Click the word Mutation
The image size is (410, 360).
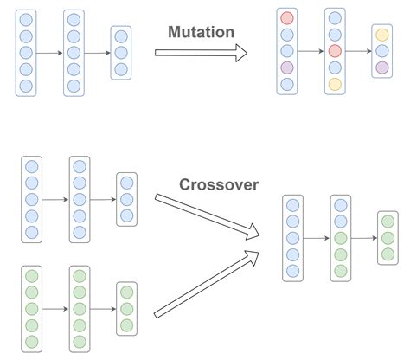pos(201,32)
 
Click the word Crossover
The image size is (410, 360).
pos(219,184)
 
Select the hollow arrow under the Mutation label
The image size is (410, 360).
pos(201,53)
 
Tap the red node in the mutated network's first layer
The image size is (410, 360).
pos(287,18)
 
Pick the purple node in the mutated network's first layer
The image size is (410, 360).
pos(287,67)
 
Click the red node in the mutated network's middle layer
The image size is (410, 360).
pos(335,51)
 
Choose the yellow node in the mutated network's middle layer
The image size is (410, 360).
pos(335,84)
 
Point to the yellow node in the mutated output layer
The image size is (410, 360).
pos(382,35)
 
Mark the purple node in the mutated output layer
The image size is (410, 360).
pos(382,67)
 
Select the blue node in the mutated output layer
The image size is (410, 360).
pos(382,51)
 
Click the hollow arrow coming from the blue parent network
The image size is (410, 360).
pos(207,217)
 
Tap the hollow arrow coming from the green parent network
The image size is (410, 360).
pos(207,284)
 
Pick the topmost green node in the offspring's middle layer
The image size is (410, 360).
pos(341,238)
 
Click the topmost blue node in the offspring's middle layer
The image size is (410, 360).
pos(341,205)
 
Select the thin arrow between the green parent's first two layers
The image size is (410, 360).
pos(55,309)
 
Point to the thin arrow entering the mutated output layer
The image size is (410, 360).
pos(359,51)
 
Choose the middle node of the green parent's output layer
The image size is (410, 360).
pos(126,309)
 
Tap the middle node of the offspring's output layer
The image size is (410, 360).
pos(388,238)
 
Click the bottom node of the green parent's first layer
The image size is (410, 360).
pos(32,342)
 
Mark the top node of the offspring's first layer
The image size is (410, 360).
pos(292,205)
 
